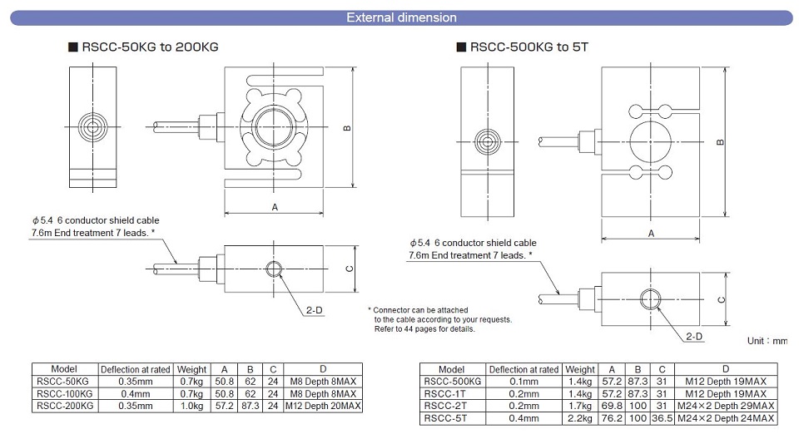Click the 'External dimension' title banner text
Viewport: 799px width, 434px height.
[400, 17]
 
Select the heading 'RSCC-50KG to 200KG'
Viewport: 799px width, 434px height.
[150, 48]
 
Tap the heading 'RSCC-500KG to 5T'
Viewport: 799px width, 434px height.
[529, 48]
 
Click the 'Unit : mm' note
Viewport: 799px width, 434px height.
[766, 341]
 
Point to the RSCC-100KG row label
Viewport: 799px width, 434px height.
[64, 393]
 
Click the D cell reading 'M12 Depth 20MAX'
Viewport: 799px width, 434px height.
[323, 405]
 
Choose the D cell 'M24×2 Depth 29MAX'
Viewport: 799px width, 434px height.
[725, 405]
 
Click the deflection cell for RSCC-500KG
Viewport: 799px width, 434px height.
[524, 382]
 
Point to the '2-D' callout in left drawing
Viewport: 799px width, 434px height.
[314, 309]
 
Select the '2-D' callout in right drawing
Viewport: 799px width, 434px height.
[693, 336]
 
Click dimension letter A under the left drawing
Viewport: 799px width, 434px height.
[274, 208]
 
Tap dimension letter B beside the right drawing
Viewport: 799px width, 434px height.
[720, 142]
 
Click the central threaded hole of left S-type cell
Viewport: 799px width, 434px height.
[272, 127]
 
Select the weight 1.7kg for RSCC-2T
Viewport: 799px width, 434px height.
[580, 405]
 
